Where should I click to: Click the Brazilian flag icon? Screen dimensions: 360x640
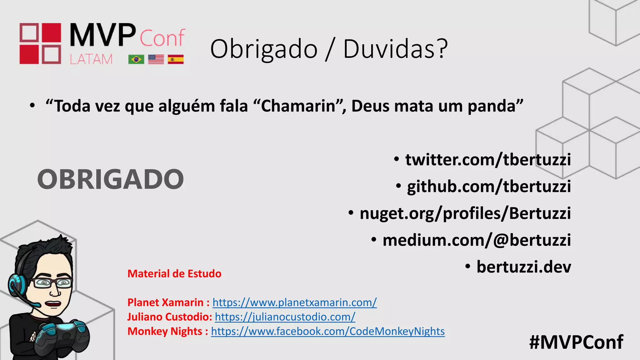click(136, 59)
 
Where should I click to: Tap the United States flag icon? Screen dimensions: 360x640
click(156, 59)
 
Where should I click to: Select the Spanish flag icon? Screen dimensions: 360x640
click(176, 59)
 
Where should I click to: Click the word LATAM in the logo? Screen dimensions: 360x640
click(91, 59)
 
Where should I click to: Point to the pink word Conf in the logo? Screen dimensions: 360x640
click(162, 38)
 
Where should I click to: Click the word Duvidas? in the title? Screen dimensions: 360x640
click(395, 49)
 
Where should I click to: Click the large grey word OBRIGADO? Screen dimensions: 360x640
click(111, 179)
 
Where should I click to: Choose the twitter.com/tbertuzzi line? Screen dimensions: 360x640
click(488, 160)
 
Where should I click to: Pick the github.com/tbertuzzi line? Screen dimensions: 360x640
click(489, 187)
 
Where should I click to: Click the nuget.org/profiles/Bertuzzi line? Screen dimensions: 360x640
click(465, 213)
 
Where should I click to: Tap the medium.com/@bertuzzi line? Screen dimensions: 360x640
click(477, 240)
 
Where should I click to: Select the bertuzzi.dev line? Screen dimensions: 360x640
click(523, 267)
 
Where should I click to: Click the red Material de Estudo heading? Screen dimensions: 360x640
click(174, 274)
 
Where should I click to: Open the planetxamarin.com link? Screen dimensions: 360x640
click(294, 302)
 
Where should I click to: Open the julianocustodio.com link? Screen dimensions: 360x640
click(285, 317)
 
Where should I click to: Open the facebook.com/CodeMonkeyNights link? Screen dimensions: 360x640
click(328, 331)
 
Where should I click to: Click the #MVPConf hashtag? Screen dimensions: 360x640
click(576, 342)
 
